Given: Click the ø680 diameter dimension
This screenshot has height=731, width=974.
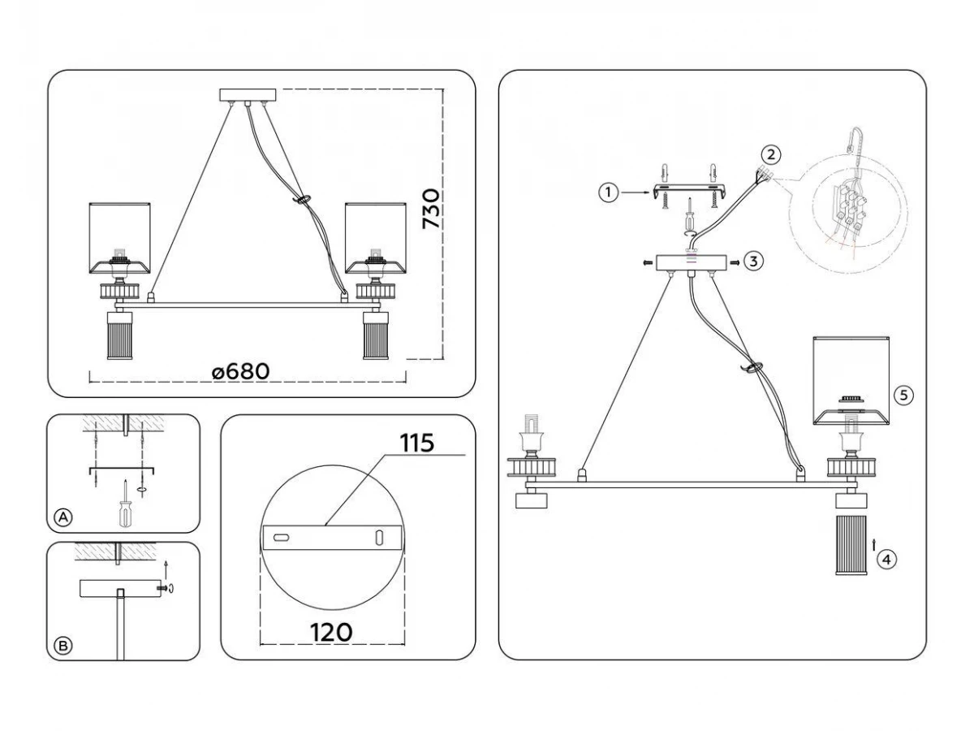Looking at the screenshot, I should pyautogui.click(x=240, y=371).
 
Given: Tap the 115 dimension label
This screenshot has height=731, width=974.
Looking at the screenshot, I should pyautogui.click(x=417, y=443).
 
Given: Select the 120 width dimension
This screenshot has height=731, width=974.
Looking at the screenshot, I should pyautogui.click(x=330, y=632).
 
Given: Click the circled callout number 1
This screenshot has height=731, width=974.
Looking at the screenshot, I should pyautogui.click(x=606, y=192).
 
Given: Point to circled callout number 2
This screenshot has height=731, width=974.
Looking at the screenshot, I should pyautogui.click(x=771, y=153).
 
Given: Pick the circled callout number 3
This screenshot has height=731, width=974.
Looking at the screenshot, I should pyautogui.click(x=754, y=262).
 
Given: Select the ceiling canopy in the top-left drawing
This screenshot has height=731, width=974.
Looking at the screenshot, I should pyautogui.click(x=248, y=94).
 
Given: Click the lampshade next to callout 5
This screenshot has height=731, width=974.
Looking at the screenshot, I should pyautogui.click(x=851, y=378).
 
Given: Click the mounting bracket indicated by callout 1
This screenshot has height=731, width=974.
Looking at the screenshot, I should pyautogui.click(x=688, y=192).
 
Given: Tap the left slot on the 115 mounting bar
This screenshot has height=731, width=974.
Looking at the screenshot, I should pyautogui.click(x=281, y=538).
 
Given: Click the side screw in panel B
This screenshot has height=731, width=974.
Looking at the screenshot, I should pyautogui.click(x=165, y=587).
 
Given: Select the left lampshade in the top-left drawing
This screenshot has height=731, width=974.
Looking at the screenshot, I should pyautogui.click(x=122, y=231).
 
